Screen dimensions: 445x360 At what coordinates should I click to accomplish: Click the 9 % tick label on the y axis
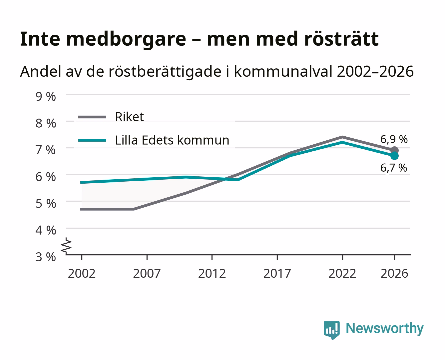(x=46, y=97)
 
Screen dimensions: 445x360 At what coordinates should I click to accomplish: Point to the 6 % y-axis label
(x=46, y=177)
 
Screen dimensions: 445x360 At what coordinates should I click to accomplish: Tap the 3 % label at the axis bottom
(x=46, y=257)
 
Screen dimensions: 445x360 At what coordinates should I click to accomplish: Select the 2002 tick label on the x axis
(x=82, y=273)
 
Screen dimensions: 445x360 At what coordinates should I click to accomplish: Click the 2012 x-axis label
(x=212, y=273)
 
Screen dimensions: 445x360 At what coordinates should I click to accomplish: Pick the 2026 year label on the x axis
(x=394, y=273)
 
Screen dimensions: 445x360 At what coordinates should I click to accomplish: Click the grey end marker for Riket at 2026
(x=395, y=150)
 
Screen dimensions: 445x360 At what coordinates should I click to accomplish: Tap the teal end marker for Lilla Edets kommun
(x=395, y=156)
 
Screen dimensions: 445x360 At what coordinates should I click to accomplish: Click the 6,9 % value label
(x=394, y=139)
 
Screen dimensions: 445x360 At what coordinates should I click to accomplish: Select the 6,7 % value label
(x=394, y=168)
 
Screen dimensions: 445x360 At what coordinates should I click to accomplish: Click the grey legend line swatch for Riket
(x=92, y=117)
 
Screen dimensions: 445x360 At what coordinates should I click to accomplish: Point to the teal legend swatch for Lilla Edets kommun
(x=92, y=140)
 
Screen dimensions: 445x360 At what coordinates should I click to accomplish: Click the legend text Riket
(x=130, y=117)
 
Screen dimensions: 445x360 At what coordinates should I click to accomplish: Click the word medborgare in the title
(x=126, y=39)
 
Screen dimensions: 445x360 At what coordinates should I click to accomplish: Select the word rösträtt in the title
(x=341, y=39)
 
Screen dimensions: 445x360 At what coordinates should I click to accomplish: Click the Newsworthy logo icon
(x=331, y=330)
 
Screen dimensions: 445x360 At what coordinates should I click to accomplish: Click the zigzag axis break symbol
(x=66, y=246)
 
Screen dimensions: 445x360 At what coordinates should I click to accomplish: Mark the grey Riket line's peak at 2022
(x=342, y=137)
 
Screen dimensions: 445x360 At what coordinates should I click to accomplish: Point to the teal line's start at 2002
(x=81, y=183)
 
